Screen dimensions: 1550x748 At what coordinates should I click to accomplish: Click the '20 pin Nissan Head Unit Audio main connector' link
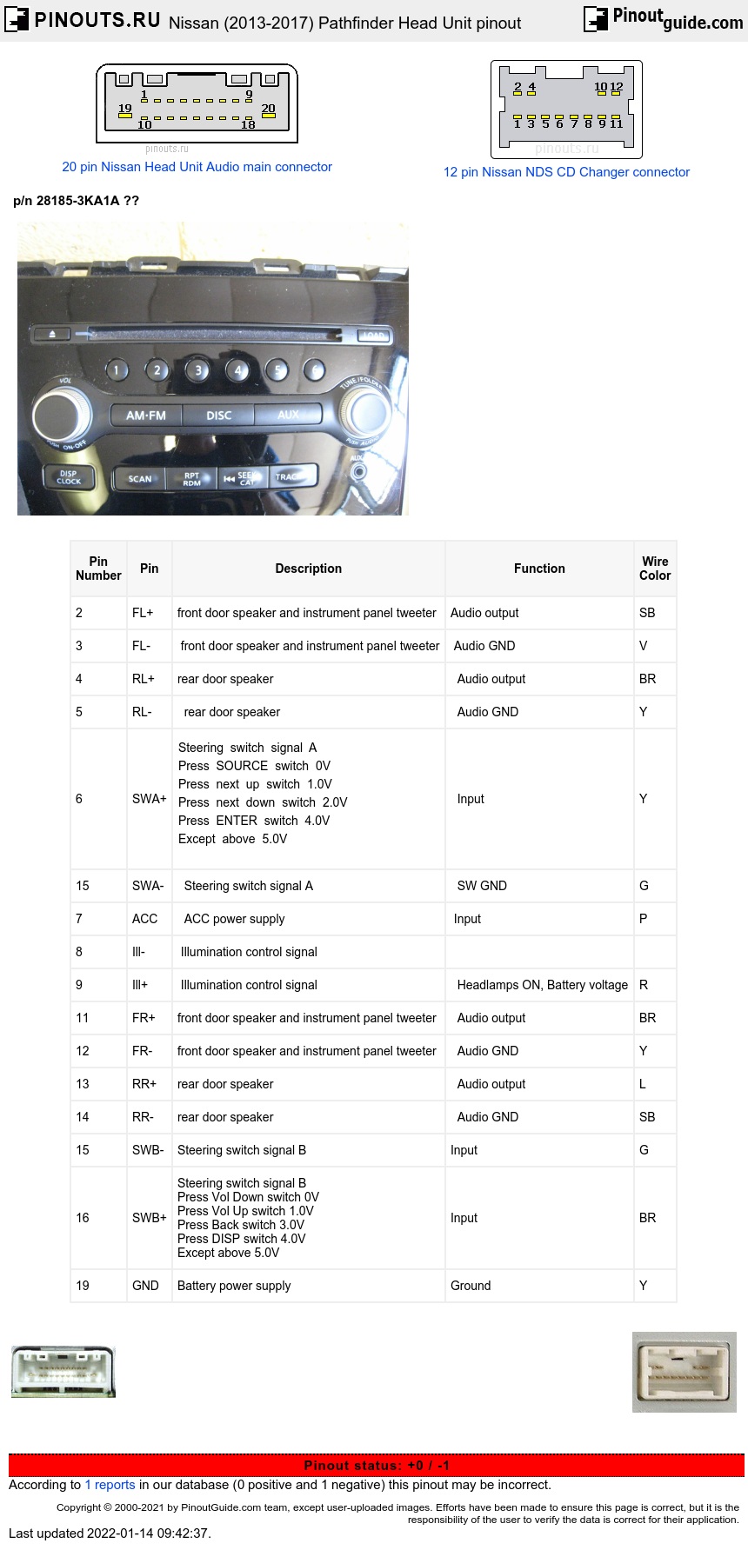197,167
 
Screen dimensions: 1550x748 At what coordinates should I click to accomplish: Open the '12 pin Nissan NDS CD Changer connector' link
566,172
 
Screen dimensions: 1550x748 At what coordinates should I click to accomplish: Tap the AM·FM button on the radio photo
146,416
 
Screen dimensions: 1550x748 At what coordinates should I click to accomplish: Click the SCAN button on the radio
139,478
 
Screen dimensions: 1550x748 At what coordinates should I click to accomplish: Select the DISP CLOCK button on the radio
68,477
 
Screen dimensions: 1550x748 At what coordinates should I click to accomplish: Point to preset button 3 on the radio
197,370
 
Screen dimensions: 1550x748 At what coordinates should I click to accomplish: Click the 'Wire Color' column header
655,569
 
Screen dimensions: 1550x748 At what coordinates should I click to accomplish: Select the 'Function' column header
539,569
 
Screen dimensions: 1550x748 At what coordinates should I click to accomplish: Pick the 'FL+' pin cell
143,613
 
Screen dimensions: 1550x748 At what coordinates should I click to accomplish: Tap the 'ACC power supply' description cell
234,919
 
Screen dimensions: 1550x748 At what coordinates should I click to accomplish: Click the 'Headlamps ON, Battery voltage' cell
542,985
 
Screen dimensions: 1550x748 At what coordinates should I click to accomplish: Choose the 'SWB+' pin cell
149,1218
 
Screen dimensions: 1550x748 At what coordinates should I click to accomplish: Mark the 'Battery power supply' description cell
234,1286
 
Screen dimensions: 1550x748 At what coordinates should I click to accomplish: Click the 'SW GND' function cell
482,886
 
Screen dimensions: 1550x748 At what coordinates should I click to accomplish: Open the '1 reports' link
110,1485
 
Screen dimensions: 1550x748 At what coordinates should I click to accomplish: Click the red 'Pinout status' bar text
377,1465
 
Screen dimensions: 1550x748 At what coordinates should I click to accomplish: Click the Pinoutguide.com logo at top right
664,18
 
